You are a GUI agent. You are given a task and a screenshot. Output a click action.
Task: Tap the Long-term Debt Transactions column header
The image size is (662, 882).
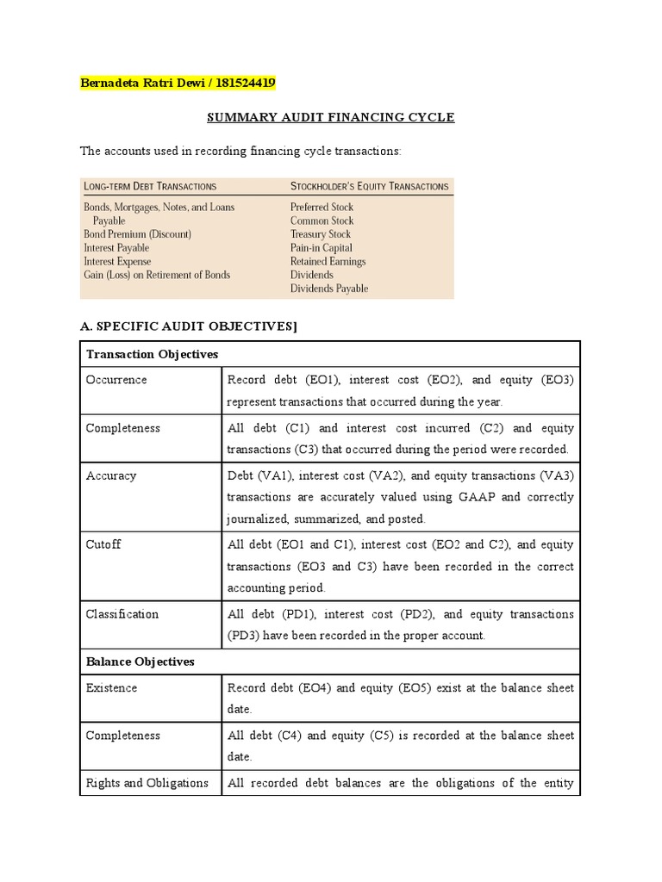[150, 186]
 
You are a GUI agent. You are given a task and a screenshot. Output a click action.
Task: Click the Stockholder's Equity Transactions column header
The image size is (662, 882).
[369, 186]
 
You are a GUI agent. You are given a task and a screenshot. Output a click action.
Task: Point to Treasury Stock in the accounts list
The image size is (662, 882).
[321, 234]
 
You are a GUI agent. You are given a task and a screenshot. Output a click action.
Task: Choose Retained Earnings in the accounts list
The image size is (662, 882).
[328, 261]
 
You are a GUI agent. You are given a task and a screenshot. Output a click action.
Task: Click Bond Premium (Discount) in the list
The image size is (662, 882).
[137, 234]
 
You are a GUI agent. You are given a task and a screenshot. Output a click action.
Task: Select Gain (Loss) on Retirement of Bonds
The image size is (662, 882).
[157, 275]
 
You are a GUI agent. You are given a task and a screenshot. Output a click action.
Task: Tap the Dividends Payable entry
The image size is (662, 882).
[328, 289]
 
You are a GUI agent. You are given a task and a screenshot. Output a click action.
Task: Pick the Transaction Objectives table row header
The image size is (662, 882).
[152, 355]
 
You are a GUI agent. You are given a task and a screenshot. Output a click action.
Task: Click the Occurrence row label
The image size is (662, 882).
[116, 380]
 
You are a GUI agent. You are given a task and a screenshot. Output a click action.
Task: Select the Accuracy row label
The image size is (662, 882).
[111, 475]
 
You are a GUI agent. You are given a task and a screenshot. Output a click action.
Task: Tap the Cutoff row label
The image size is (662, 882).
[103, 544]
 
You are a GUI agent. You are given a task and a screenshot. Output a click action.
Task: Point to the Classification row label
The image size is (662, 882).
[122, 614]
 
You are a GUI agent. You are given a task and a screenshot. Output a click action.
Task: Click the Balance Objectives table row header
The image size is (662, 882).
[140, 661]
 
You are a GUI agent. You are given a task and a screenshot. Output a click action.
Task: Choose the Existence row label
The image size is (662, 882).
[111, 688]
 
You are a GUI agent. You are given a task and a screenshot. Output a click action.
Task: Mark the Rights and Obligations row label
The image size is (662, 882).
[147, 783]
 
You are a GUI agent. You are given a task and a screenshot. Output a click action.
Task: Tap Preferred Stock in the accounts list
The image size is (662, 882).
[322, 207]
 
